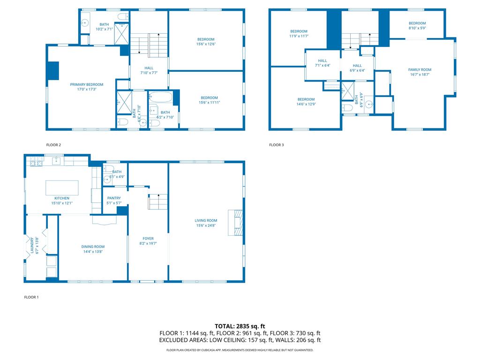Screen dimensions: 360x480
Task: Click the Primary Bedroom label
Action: click(x=87, y=84)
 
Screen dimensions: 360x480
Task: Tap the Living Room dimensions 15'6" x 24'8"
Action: click(x=206, y=225)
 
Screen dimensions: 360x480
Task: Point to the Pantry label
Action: click(x=114, y=198)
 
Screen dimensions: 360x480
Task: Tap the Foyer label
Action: click(x=148, y=239)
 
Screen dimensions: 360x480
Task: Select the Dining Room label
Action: click(x=93, y=247)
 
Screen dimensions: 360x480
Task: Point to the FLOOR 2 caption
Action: click(x=53, y=145)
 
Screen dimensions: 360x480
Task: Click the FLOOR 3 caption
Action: click(x=276, y=145)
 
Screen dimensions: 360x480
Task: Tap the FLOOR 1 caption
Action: click(x=31, y=297)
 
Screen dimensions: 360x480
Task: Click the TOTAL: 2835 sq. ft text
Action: click(x=240, y=326)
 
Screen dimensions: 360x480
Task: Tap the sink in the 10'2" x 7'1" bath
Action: click(x=86, y=22)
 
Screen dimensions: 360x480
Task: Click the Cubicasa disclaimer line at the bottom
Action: click(x=240, y=350)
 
